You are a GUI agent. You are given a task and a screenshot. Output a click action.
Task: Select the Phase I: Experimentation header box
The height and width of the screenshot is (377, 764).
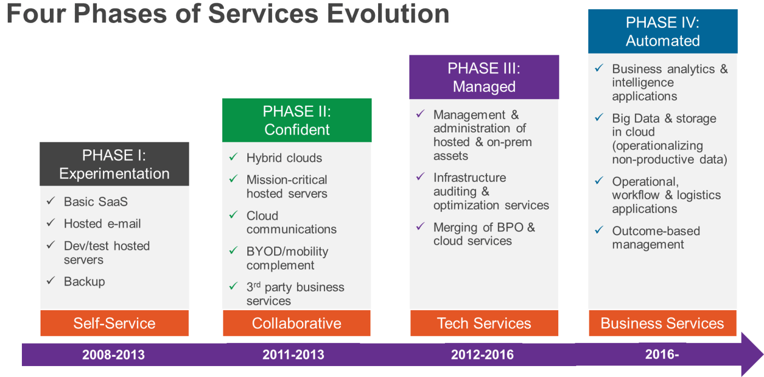[x=114, y=164]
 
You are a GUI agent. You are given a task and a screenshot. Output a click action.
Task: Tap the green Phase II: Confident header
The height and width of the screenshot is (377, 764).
[x=297, y=120]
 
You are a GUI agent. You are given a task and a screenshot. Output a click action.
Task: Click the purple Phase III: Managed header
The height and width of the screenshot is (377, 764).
[x=484, y=77]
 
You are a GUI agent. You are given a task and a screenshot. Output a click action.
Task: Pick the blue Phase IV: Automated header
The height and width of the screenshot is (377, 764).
[x=662, y=31]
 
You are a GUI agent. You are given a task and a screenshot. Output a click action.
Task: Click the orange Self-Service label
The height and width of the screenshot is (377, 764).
[x=114, y=323]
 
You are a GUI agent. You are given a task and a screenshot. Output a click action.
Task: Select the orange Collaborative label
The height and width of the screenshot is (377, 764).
[x=297, y=323]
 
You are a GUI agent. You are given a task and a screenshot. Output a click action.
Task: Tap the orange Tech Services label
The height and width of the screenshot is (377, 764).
[x=484, y=323]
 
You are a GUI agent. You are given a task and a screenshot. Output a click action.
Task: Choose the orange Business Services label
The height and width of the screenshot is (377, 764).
[x=662, y=323]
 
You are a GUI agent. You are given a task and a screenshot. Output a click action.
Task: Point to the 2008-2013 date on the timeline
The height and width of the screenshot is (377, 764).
[x=113, y=355]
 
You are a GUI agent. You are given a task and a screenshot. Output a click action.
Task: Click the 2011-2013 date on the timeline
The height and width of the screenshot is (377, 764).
[x=293, y=355]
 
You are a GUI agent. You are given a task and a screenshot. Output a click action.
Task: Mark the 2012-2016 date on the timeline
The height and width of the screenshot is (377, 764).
[x=482, y=355]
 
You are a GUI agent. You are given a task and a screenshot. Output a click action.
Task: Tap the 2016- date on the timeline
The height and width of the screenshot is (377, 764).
[x=662, y=354]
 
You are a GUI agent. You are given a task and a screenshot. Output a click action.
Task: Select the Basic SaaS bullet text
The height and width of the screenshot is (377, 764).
[x=96, y=201]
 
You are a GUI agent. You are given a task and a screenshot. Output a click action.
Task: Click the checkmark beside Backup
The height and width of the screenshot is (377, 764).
[x=51, y=281]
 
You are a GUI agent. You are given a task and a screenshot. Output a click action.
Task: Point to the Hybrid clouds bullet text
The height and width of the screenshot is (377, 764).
[x=284, y=158]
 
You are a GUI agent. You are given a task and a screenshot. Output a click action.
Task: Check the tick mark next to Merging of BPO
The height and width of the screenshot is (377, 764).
[x=420, y=226]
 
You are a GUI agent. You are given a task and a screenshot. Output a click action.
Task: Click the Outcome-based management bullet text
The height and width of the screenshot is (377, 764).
[x=656, y=237]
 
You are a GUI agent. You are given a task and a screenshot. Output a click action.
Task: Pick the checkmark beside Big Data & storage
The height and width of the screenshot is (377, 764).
[x=599, y=118]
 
